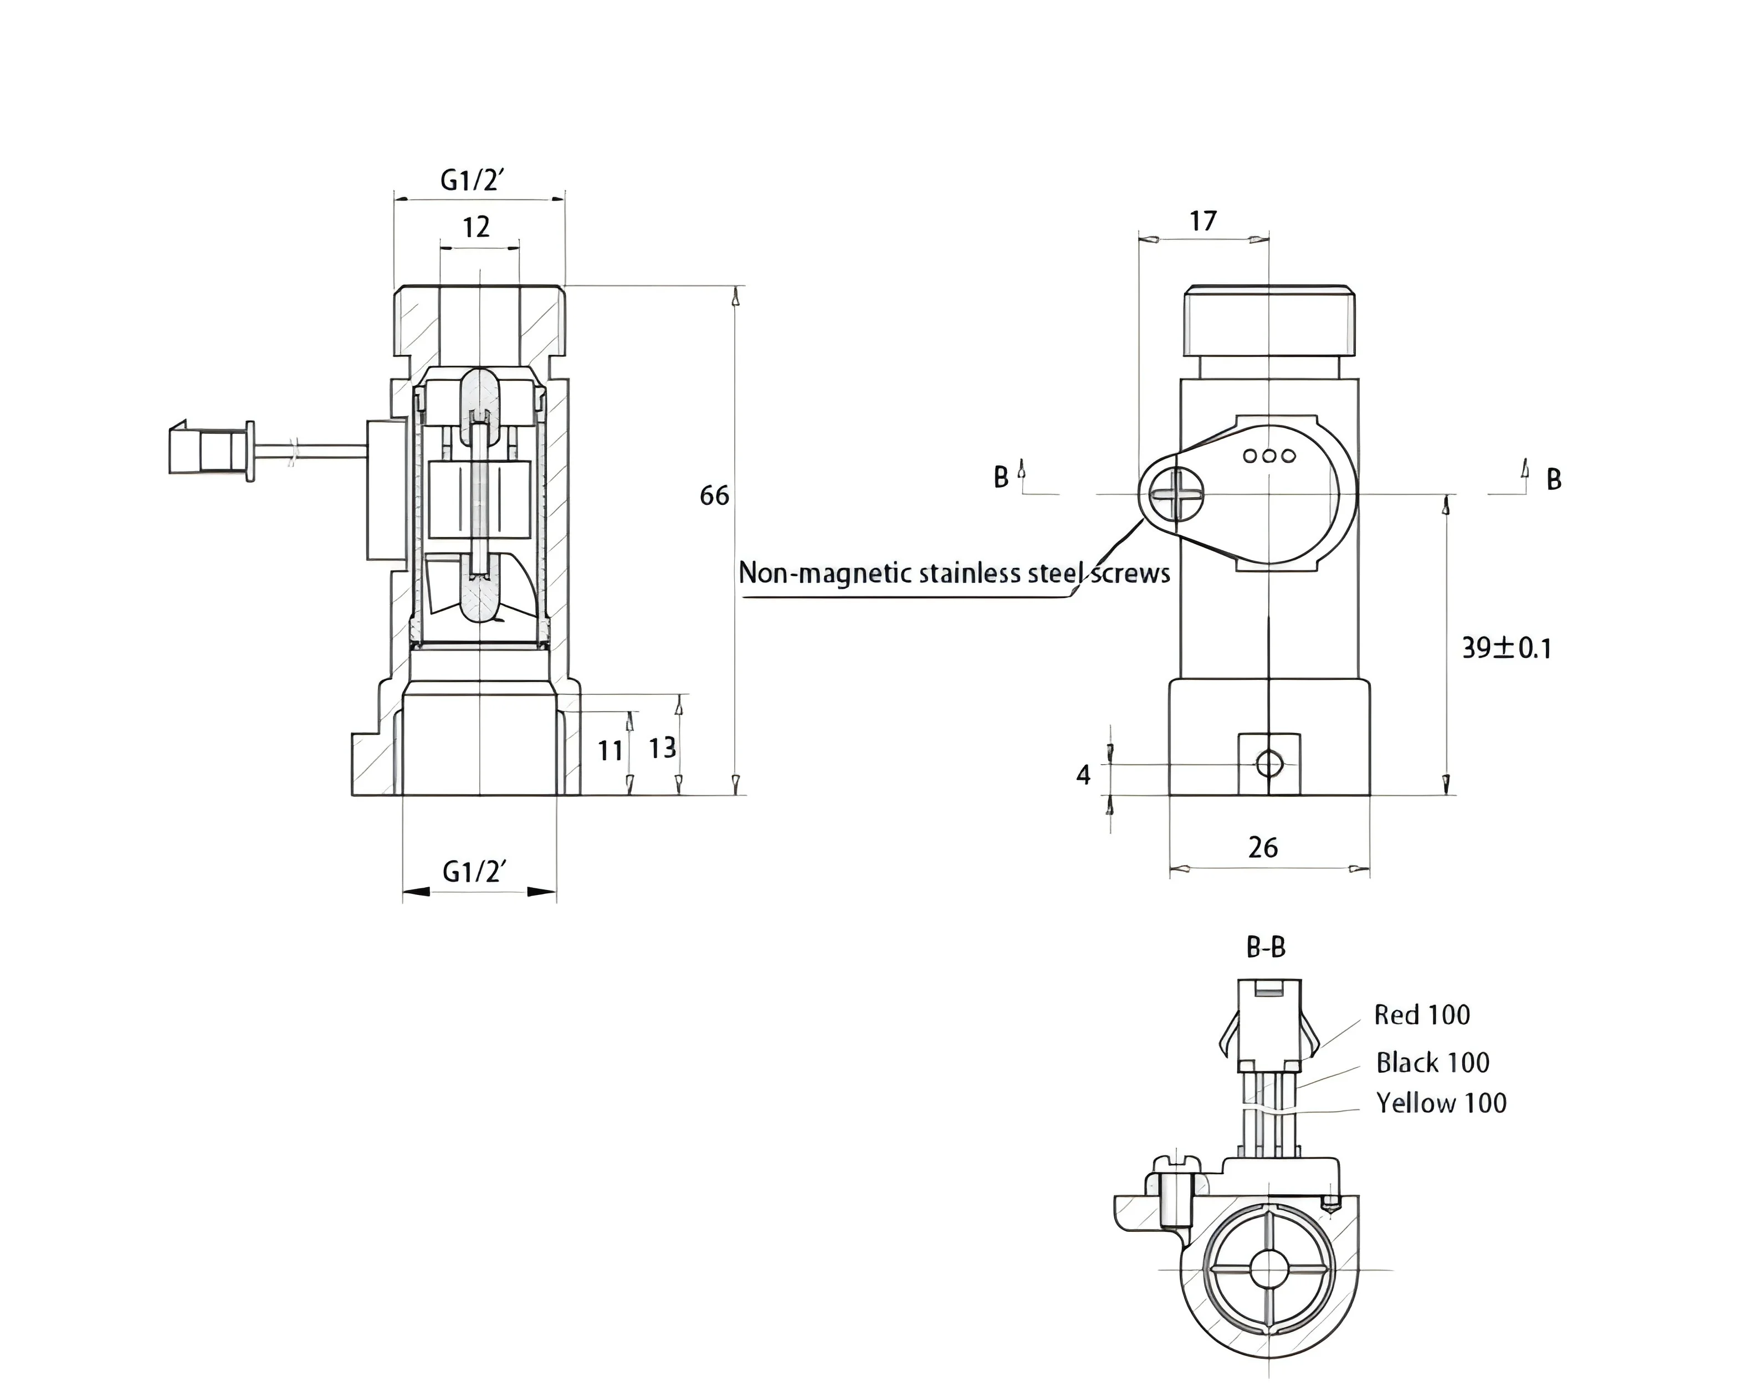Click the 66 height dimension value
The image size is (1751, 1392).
[x=715, y=495]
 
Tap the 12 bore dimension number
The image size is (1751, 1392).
[x=477, y=227]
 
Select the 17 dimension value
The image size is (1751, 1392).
[x=1203, y=221]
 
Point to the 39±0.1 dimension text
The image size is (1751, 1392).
[x=1507, y=648]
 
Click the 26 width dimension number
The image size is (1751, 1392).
[x=1263, y=848]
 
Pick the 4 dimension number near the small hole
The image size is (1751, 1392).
[x=1083, y=776]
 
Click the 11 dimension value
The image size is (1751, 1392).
[x=611, y=751]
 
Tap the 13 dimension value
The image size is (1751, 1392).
[x=663, y=748]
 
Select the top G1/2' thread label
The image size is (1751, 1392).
[x=473, y=180]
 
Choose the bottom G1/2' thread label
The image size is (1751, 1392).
[x=474, y=872]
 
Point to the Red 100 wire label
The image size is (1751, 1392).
[x=1422, y=1015]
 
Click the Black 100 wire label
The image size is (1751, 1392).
[x=1432, y=1062]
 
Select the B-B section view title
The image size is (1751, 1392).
[x=1266, y=947]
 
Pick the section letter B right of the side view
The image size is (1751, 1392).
[x=1554, y=480]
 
